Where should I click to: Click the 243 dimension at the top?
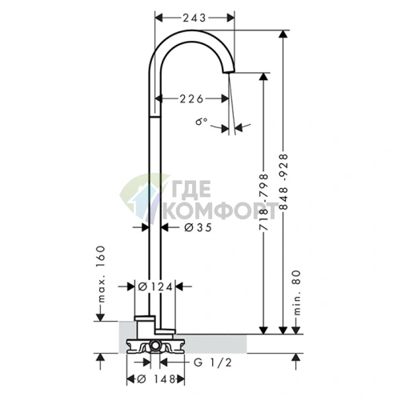(x=194, y=18)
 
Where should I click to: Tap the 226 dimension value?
(x=191, y=98)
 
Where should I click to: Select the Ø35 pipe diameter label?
(x=198, y=227)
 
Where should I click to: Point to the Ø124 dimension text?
(x=155, y=287)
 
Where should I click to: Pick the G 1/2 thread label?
(x=212, y=363)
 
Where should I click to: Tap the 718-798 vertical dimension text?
(x=263, y=202)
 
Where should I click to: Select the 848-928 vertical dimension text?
(x=283, y=182)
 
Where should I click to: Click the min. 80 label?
(x=297, y=293)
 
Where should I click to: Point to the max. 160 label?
(x=101, y=275)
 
